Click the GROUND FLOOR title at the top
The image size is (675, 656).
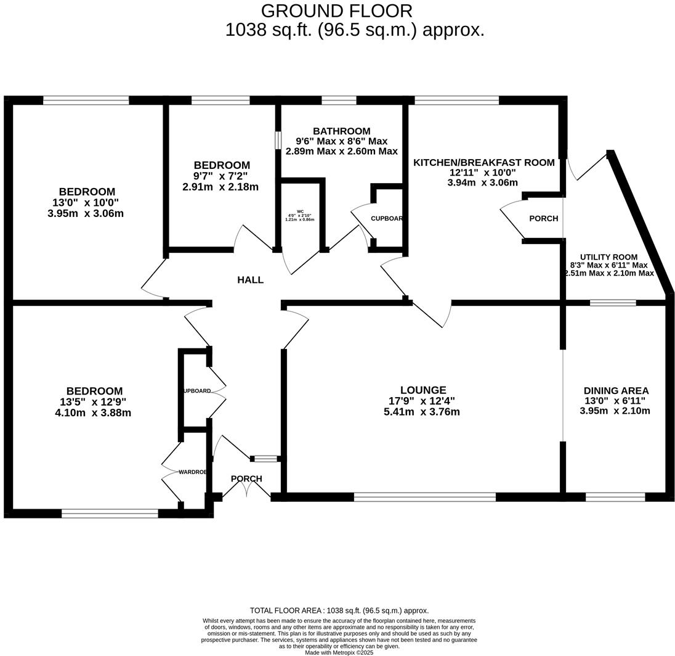pyautogui.click(x=336, y=11)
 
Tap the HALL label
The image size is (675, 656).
pyautogui.click(x=250, y=280)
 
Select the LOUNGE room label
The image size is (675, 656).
pyautogui.click(x=422, y=390)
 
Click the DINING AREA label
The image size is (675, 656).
pyautogui.click(x=616, y=391)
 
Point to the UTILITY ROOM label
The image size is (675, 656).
pyautogui.click(x=608, y=257)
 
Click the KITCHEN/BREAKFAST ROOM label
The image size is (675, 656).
pyautogui.click(x=483, y=163)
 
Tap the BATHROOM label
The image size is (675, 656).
pyautogui.click(x=341, y=131)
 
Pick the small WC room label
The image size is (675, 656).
pyautogui.click(x=300, y=211)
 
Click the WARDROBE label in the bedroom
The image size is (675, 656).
pyautogui.click(x=192, y=472)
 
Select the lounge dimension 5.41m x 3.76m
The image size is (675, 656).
pyautogui.click(x=421, y=412)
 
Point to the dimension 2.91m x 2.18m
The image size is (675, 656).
pyautogui.click(x=220, y=187)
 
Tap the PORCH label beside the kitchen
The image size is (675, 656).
pyautogui.click(x=543, y=219)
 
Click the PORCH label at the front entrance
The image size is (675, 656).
pyautogui.click(x=246, y=479)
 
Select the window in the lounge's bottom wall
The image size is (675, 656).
pyautogui.click(x=424, y=496)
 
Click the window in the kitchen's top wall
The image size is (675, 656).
pyautogui.click(x=456, y=100)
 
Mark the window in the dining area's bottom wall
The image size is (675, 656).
pyautogui.click(x=615, y=496)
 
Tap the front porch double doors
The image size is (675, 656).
pyautogui.click(x=246, y=490)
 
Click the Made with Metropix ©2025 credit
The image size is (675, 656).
pyautogui.click(x=339, y=652)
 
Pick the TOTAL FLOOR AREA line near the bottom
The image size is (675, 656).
pyautogui.click(x=339, y=610)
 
